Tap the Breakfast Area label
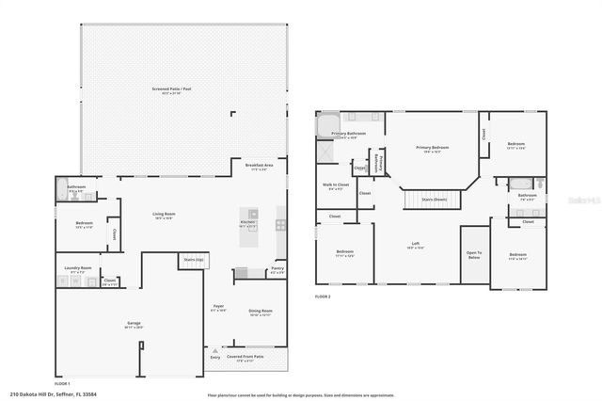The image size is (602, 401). [260, 167]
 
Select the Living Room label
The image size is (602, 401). [166, 216]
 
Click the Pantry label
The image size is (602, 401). [277, 270]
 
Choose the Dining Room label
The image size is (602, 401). [261, 312]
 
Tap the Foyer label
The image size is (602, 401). [217, 308]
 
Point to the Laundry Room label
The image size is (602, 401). [79, 269]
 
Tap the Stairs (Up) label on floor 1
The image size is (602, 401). [194, 258]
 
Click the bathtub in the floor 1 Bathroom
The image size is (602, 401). [62, 185]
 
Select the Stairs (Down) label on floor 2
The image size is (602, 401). [434, 200]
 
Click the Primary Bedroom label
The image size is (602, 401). [433, 149]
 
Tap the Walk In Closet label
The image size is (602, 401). [336, 186]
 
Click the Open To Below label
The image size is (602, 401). [474, 254]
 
